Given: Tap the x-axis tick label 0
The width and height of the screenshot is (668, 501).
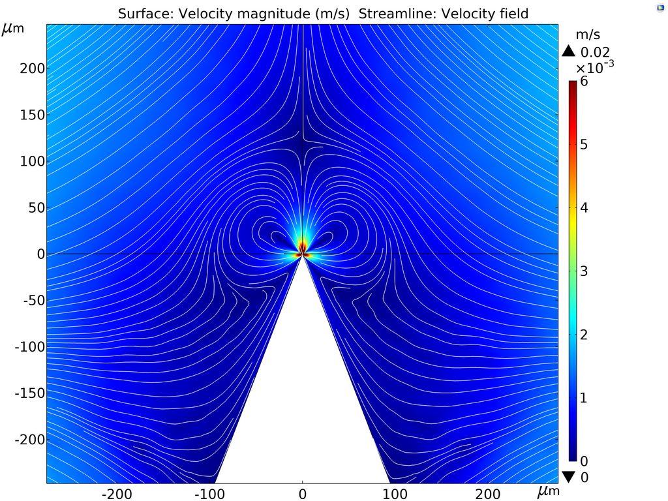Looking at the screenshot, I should pyautogui.click(x=302, y=492).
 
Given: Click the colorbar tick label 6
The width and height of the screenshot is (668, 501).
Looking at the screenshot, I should pyautogui.click(x=584, y=82).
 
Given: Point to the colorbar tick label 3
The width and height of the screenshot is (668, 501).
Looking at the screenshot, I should pyautogui.click(x=584, y=271).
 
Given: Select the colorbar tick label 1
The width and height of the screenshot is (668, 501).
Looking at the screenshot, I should pyautogui.click(x=584, y=398).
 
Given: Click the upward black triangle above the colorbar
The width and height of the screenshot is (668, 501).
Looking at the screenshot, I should pyautogui.click(x=569, y=52).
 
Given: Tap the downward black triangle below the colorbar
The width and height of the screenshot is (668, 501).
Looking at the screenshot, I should pyautogui.click(x=569, y=477).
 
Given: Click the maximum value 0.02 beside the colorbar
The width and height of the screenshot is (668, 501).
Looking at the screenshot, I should pyautogui.click(x=595, y=52).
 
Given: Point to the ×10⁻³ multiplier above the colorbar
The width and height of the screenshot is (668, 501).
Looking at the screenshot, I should pyautogui.click(x=594, y=67).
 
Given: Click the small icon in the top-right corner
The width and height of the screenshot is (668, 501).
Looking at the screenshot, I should pyautogui.click(x=659, y=7).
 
